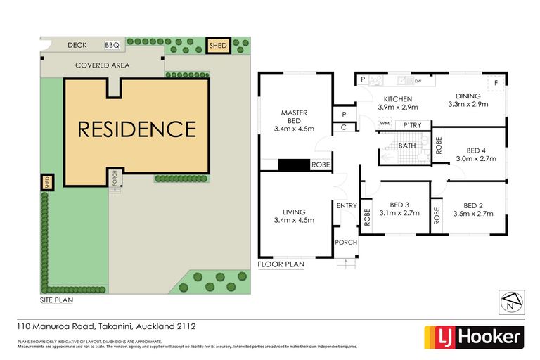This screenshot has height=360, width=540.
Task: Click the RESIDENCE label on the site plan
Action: coord(136,129)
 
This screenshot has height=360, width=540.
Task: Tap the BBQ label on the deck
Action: coord(112,45)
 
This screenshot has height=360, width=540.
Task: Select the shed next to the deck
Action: coord(218,46)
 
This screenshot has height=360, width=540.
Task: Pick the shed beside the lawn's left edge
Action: coord(47,182)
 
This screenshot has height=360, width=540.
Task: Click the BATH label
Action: coord(407,146)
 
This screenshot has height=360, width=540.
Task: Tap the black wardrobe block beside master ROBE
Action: coord(294,165)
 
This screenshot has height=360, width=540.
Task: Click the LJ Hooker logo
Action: coord(472,337)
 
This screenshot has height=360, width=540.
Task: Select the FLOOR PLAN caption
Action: coord(281,265)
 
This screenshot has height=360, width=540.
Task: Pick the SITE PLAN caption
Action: coord(56,299)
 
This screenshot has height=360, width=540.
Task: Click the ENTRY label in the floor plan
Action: coord(347,205)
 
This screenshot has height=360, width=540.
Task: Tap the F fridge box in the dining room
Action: coord(496,83)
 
